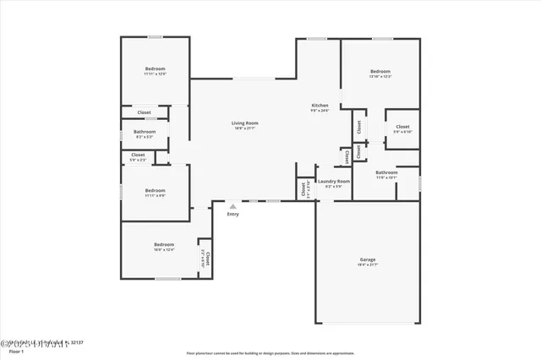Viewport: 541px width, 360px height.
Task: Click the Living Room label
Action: tap(244, 123)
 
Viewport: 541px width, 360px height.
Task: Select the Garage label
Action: tap(368, 259)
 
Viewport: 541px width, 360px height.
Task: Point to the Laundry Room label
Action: tap(333, 181)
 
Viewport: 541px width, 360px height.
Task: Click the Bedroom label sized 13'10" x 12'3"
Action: tap(380, 71)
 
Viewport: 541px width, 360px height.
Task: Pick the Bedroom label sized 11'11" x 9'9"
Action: tap(155, 190)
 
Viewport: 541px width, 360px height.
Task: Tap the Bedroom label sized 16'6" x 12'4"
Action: tap(164, 245)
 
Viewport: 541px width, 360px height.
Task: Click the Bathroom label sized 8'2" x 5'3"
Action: tap(145, 132)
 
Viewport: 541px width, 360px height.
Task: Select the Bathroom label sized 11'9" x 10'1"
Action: tap(386, 172)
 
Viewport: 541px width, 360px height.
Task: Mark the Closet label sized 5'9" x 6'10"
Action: tap(402, 127)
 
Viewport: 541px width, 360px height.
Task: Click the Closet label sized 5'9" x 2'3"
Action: tap(138, 155)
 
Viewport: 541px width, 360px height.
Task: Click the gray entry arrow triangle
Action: tap(232, 205)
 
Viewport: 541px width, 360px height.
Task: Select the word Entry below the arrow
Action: tap(232, 214)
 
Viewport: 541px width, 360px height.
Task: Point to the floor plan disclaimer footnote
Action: tap(270, 353)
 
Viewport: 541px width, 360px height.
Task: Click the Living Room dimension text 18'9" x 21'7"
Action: tap(244, 129)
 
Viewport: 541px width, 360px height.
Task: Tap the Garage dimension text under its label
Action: tap(368, 265)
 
